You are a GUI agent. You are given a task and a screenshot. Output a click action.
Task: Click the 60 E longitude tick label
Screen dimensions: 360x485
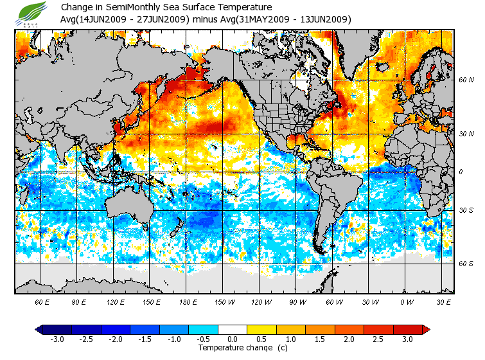(42, 301)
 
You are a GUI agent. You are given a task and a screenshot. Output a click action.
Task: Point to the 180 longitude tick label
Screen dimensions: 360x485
(188, 301)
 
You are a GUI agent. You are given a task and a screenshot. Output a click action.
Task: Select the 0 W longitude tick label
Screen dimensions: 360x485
(407, 301)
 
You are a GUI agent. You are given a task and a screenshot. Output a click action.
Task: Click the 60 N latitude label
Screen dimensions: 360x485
(466, 80)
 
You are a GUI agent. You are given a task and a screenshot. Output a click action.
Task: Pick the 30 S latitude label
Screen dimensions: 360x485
(466, 210)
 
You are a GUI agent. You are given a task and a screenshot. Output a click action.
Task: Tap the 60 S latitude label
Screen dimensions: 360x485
(466, 264)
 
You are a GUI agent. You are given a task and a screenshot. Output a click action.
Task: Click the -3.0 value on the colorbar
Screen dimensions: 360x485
(57, 339)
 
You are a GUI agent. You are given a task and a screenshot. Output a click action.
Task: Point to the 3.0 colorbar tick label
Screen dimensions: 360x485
(407, 339)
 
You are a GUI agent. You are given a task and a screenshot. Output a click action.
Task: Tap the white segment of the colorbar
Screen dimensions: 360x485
(232, 329)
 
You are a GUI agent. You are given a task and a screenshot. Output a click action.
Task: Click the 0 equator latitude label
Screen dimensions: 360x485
(460, 172)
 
